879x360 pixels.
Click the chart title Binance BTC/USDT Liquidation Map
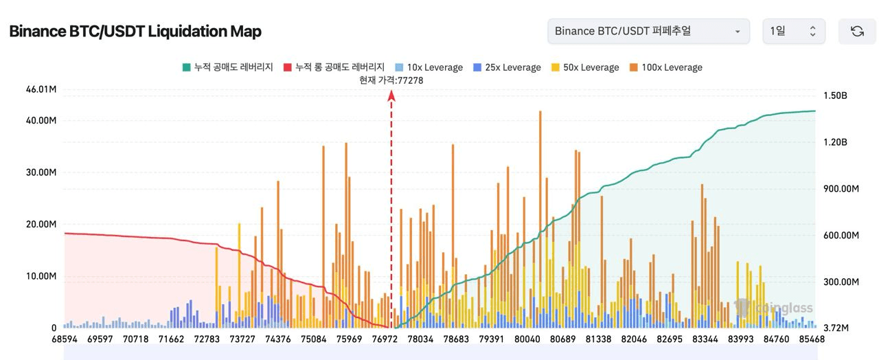[x=135, y=32]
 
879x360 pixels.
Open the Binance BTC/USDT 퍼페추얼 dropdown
[x=648, y=31]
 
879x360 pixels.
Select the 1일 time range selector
[x=793, y=31]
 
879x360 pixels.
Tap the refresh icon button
[x=857, y=31]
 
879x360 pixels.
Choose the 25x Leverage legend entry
[x=506, y=67]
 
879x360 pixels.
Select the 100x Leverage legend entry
[x=665, y=67]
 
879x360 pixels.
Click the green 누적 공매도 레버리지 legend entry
[x=227, y=67]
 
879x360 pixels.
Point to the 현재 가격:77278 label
[x=391, y=80]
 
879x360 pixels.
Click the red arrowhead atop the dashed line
[x=391, y=97]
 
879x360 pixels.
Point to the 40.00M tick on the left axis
[x=41, y=121]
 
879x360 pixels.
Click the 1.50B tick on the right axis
[x=835, y=95]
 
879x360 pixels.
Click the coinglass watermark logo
[x=773, y=308]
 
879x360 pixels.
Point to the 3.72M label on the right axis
[x=835, y=328]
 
